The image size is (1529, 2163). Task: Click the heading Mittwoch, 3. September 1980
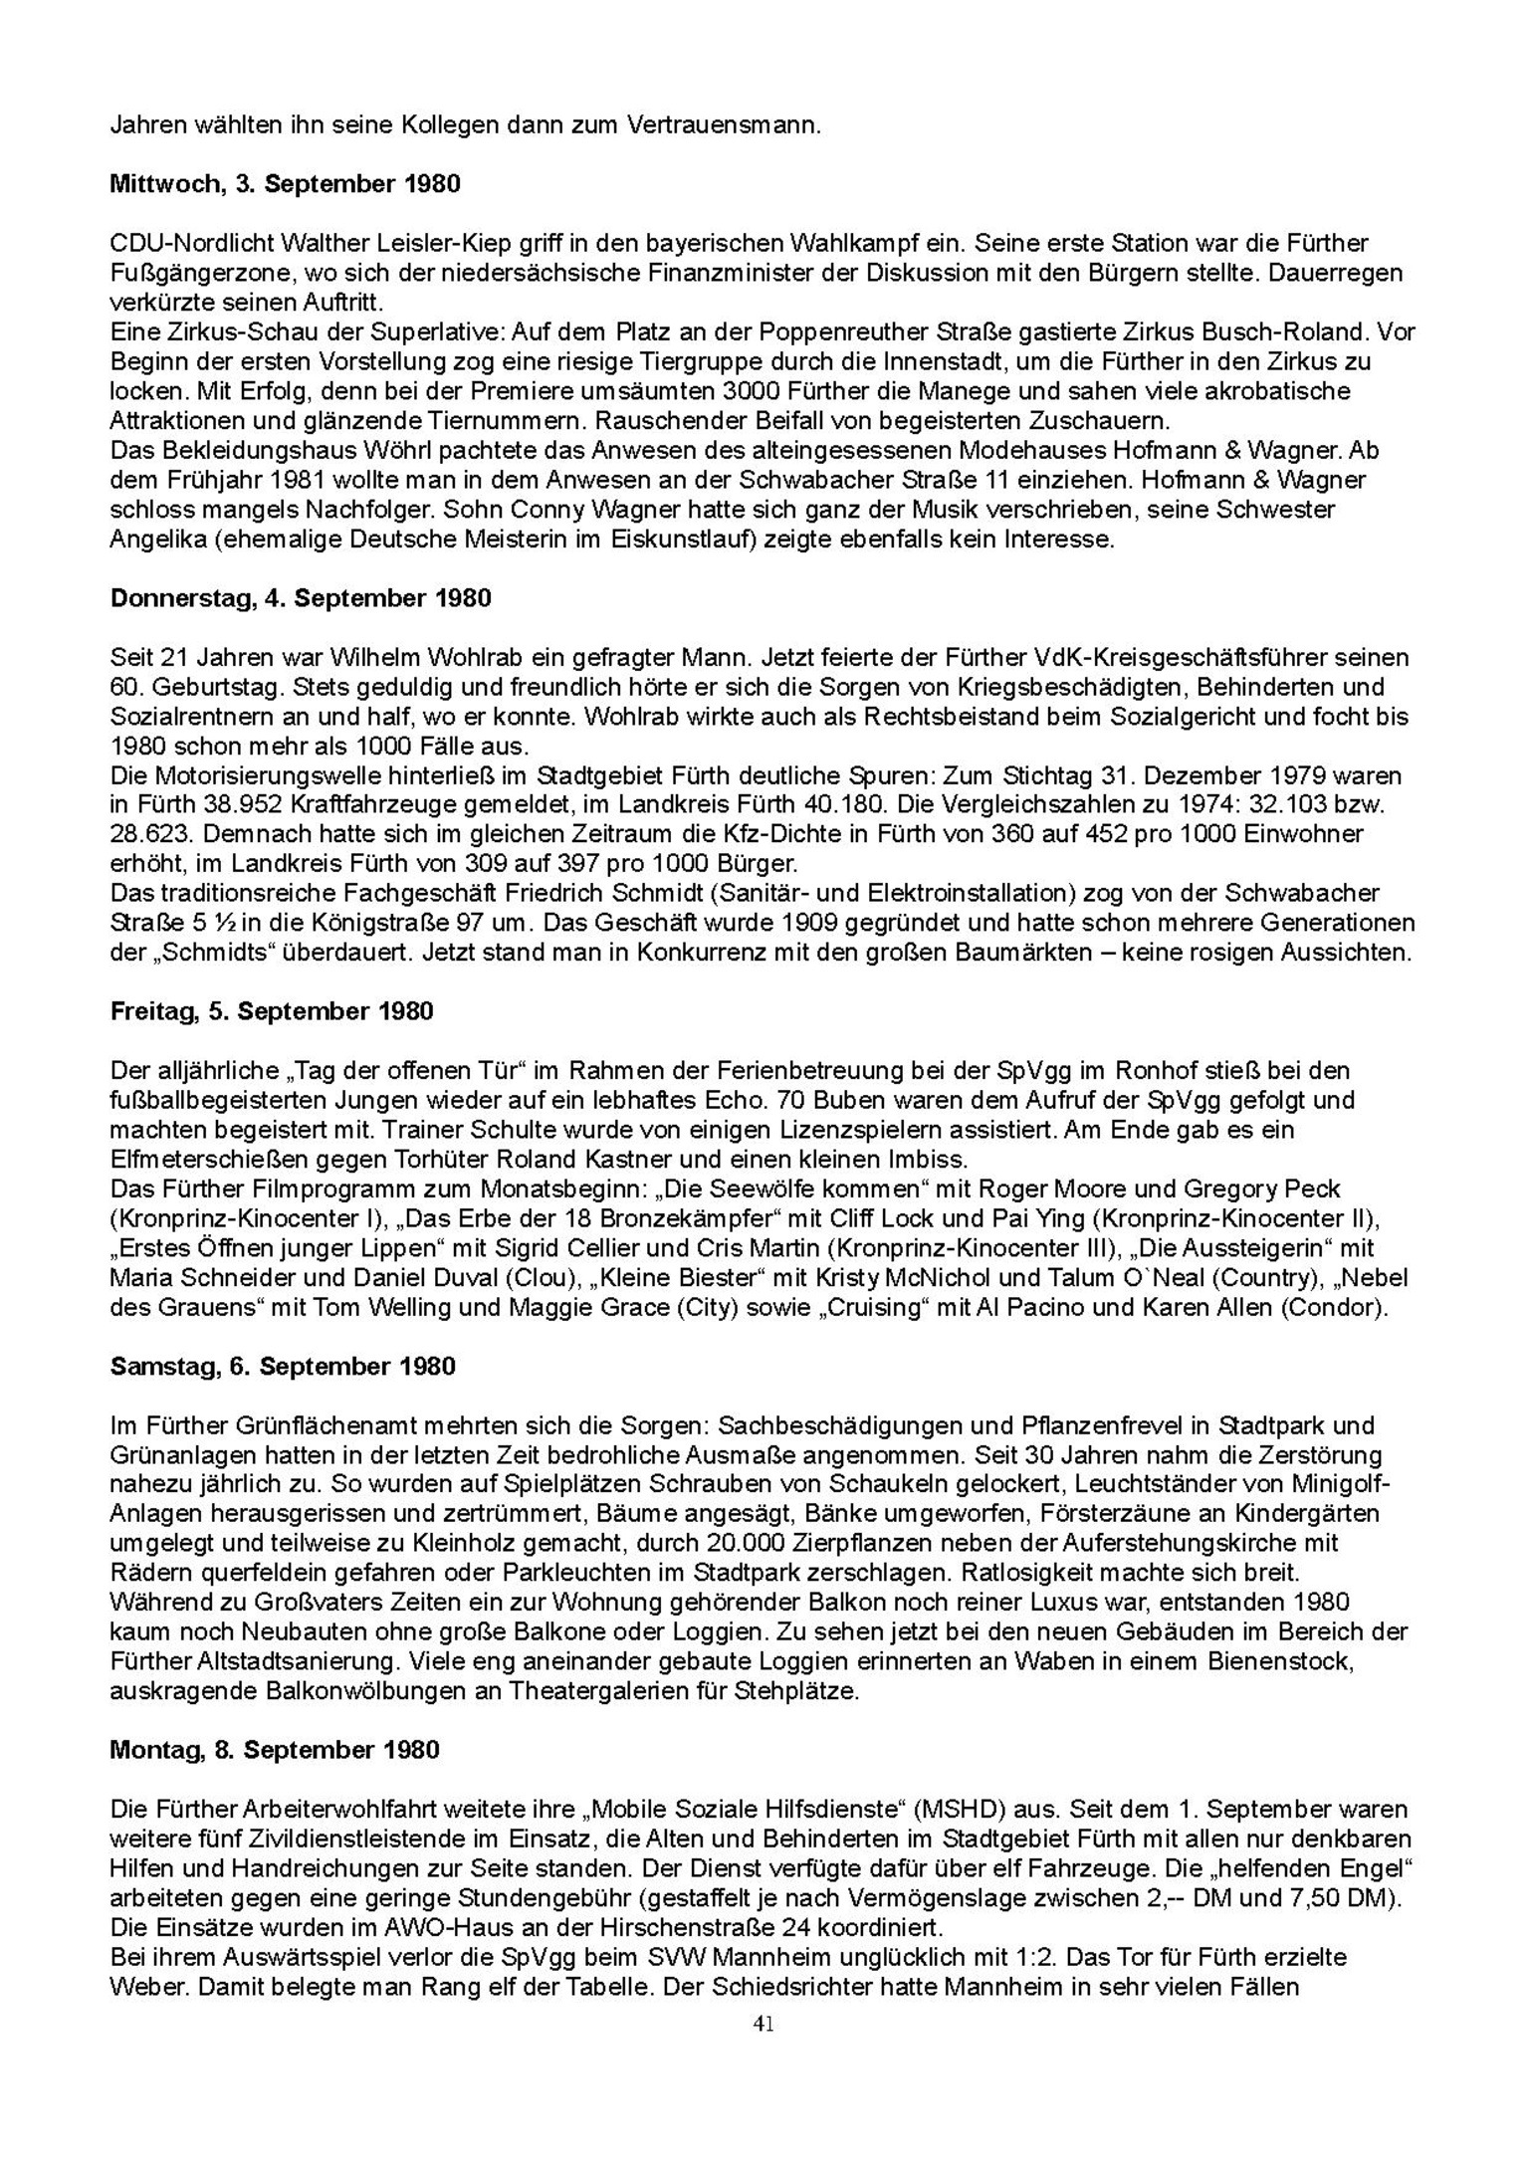click(285, 184)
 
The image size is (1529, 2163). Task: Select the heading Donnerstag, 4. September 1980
click(301, 598)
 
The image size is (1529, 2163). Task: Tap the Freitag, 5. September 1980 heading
click(272, 1011)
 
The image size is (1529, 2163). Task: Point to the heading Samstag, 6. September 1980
click(283, 1366)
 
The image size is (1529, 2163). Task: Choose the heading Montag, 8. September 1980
click(275, 1750)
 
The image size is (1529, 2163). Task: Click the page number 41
click(764, 2024)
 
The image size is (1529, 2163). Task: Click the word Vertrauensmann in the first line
click(723, 125)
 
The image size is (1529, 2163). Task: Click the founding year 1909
click(807, 923)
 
